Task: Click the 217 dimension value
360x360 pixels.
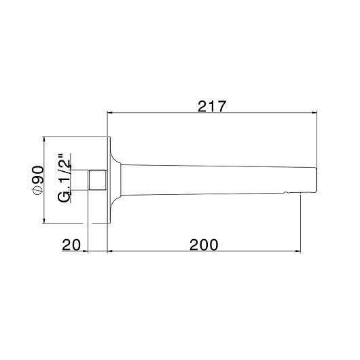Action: click(x=211, y=107)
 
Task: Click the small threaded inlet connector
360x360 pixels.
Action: click(x=98, y=180)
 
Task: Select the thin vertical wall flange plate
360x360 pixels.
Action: click(x=108, y=180)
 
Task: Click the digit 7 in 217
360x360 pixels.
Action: click(x=221, y=107)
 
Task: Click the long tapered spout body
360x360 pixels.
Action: click(x=217, y=180)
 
